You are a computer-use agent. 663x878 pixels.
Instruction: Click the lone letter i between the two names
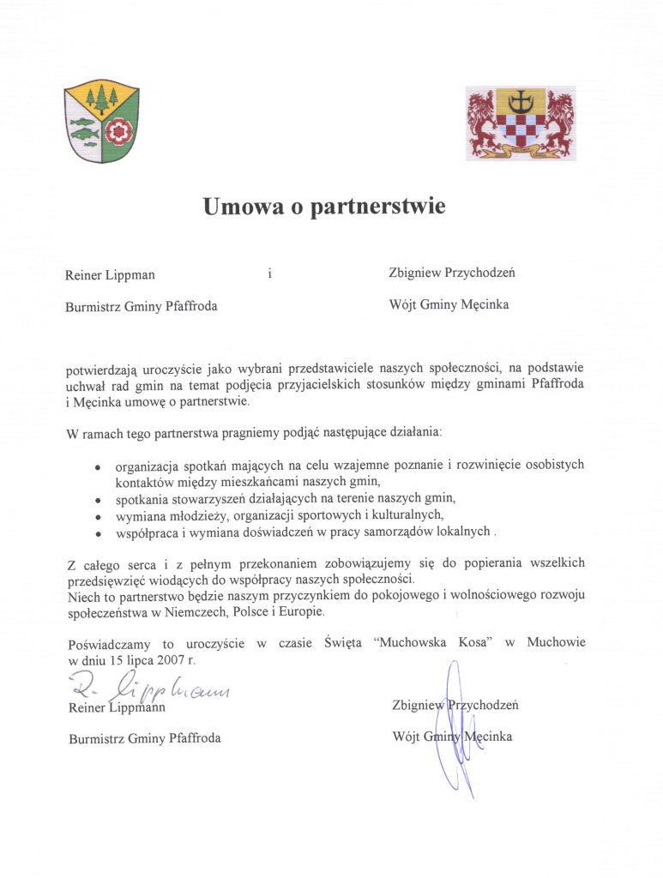(x=269, y=274)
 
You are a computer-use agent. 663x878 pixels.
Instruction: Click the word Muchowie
(x=556, y=642)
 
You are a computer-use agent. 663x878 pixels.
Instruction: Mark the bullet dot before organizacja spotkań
(x=99, y=467)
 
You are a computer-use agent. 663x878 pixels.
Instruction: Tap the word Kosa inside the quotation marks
(x=471, y=642)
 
